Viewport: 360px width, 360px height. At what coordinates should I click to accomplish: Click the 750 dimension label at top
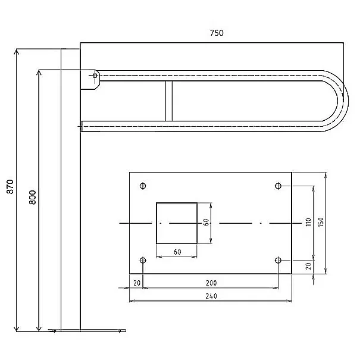[x=217, y=33]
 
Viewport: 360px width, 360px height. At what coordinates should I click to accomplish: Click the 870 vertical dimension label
[x=10, y=187]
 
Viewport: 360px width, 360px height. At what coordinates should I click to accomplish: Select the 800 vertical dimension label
[x=33, y=197]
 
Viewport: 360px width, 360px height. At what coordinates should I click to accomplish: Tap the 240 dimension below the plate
[x=211, y=296]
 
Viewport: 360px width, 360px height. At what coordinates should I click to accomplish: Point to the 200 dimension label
[x=211, y=283]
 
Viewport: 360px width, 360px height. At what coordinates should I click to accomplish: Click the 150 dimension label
[x=321, y=222]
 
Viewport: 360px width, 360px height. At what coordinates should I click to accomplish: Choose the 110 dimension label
[x=309, y=222]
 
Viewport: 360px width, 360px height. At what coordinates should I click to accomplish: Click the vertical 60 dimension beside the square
[x=206, y=222]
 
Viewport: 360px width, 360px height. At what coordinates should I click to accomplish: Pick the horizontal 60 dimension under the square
[x=177, y=252]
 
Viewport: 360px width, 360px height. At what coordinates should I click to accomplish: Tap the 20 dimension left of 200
[x=137, y=283]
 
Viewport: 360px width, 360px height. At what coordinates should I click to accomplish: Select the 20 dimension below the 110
[x=309, y=266]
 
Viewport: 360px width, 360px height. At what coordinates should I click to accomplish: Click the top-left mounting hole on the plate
[x=143, y=186]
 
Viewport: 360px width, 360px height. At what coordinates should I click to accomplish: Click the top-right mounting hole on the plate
[x=278, y=186]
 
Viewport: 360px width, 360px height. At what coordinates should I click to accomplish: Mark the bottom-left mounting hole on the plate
[x=143, y=261]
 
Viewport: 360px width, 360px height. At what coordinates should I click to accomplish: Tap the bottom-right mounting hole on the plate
[x=278, y=261]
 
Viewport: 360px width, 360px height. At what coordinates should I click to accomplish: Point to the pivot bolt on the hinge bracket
[x=95, y=76]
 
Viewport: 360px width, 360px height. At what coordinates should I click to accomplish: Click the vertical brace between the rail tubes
[x=169, y=101]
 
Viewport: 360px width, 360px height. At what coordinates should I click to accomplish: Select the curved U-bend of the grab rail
[x=342, y=101]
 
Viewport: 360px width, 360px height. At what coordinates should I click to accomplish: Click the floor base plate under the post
[x=87, y=331]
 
